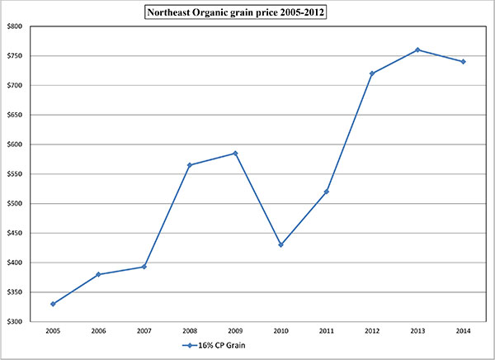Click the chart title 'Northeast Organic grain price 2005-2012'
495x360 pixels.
pyautogui.click(x=247, y=13)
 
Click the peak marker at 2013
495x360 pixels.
pyautogui.click(x=417, y=50)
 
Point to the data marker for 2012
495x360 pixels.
pyautogui.click(x=372, y=73)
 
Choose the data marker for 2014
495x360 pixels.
pyautogui.click(x=463, y=61)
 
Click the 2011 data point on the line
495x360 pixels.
pyautogui.click(x=327, y=192)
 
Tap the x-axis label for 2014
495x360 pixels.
pyautogui.click(x=463, y=332)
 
